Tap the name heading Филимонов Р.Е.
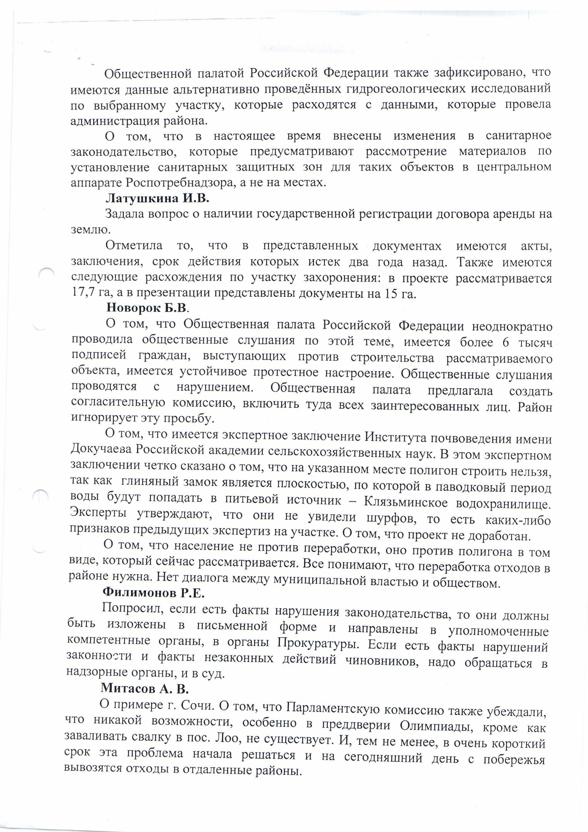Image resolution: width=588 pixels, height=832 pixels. [x=154, y=593]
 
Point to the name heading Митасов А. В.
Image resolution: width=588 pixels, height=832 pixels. [x=145, y=688]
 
